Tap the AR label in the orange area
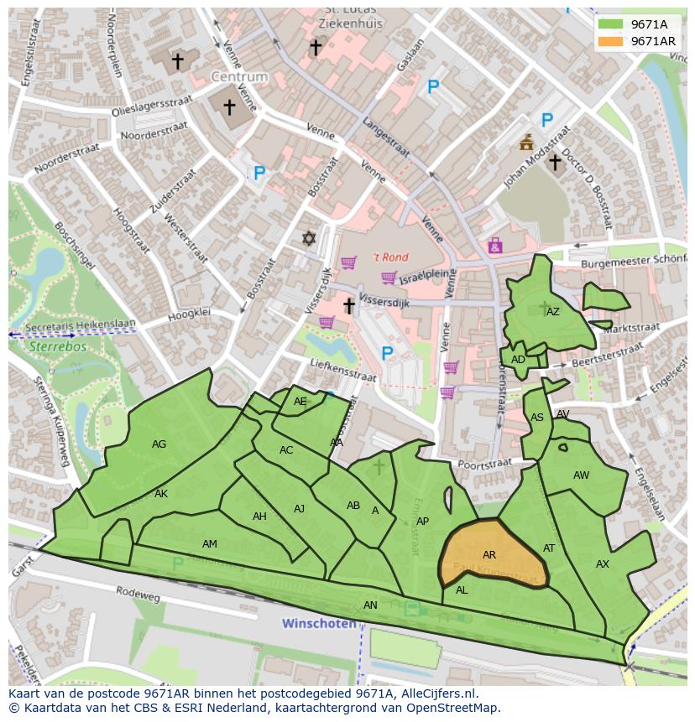tap(489, 555)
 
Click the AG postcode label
tap(159, 444)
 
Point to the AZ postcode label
tap(552, 312)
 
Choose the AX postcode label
tap(602, 564)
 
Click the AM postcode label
tap(210, 544)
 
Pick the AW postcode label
tap(581, 475)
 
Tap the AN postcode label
tap(370, 605)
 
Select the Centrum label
tap(239, 76)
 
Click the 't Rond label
tap(391, 257)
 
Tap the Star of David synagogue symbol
tap(309, 239)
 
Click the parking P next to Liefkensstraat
tap(387, 354)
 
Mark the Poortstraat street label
tap(485, 464)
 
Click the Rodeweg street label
tap(138, 594)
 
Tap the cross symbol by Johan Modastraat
tap(554, 162)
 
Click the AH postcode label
tap(259, 517)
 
